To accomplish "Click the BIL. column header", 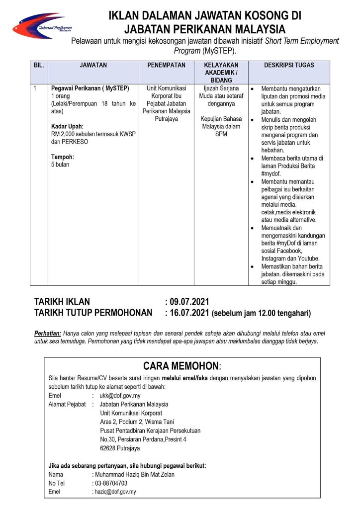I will [39, 65].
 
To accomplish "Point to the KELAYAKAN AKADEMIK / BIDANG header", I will [221, 73].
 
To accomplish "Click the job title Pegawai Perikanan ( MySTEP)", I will [90, 88].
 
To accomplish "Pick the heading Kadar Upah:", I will [67, 126].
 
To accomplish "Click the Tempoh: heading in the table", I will [63, 157].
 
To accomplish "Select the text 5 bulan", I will [60, 165].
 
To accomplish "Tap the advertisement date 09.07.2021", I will [189, 302].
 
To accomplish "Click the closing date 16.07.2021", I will [189, 313].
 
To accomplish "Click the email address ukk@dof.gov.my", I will [120, 396].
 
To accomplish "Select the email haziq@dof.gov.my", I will [115, 492].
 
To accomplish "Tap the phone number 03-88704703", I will [111, 483].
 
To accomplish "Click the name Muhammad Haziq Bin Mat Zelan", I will [134, 474].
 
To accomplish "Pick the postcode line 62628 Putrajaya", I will [120, 448].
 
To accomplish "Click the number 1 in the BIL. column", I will [35, 88].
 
